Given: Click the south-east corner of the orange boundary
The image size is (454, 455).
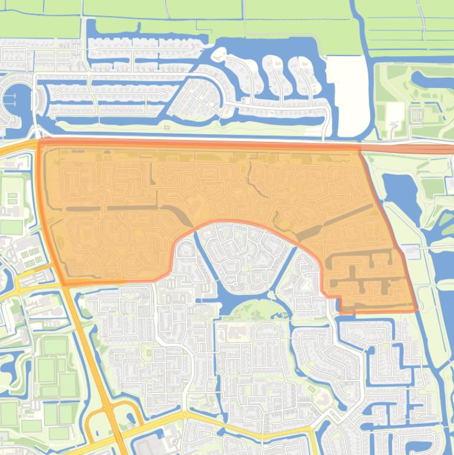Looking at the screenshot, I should click(415, 310).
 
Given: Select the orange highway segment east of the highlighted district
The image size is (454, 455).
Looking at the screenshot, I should click(413, 149).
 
